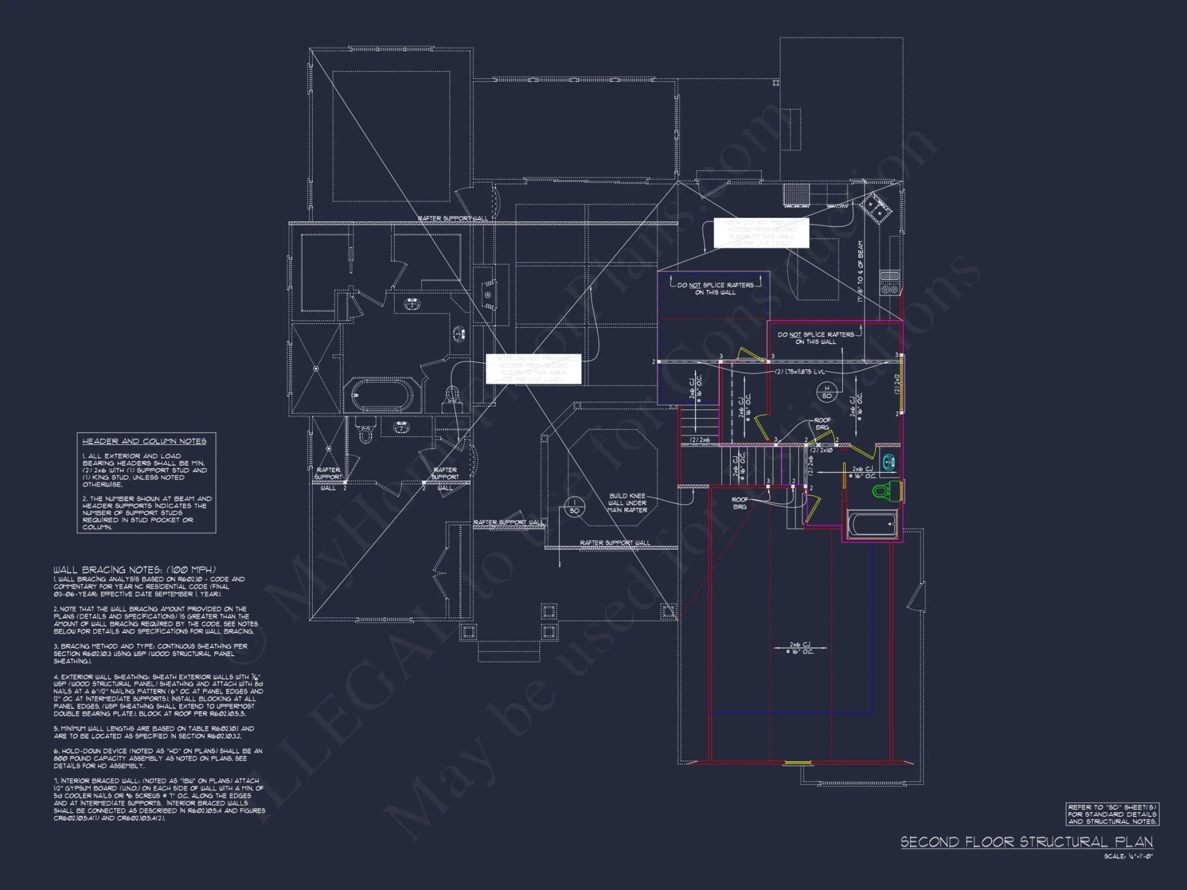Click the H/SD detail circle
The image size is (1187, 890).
(x=827, y=392)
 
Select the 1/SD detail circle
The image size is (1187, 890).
(x=575, y=506)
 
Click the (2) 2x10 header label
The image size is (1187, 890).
(x=822, y=450)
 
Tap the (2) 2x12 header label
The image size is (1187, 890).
(x=897, y=384)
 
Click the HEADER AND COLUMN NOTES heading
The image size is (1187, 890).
(x=144, y=441)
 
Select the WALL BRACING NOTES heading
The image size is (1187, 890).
(x=135, y=570)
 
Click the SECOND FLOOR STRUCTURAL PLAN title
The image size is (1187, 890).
(x=1027, y=842)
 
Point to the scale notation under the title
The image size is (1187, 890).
(x=1128, y=856)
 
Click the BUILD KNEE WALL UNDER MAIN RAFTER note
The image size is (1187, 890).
(x=627, y=503)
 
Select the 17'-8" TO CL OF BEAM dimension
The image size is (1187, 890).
(x=861, y=271)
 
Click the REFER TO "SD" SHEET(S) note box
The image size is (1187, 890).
(x=1112, y=814)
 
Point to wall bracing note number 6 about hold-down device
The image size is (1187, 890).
(x=158, y=758)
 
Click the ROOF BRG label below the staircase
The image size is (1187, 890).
(x=740, y=503)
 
